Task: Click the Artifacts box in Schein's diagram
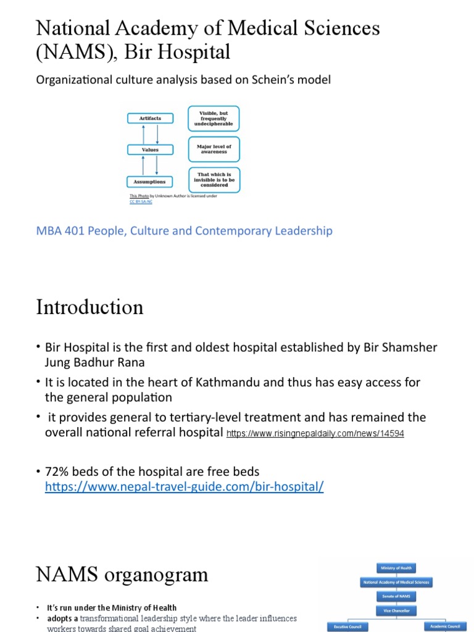click(x=151, y=118)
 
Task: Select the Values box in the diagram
click(x=151, y=149)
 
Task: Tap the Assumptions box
click(x=151, y=181)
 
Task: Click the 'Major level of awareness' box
click(x=214, y=149)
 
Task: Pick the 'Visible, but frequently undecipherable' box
click(x=214, y=118)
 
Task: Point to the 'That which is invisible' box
click(x=214, y=180)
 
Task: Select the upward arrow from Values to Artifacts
click(x=143, y=133)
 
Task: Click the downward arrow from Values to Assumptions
click(x=157, y=165)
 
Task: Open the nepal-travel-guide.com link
click(x=184, y=487)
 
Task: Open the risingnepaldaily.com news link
click(x=315, y=434)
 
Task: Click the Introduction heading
click(x=89, y=307)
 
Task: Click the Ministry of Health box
click(x=396, y=568)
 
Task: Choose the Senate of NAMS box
click(x=396, y=596)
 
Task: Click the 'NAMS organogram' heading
click(x=122, y=575)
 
